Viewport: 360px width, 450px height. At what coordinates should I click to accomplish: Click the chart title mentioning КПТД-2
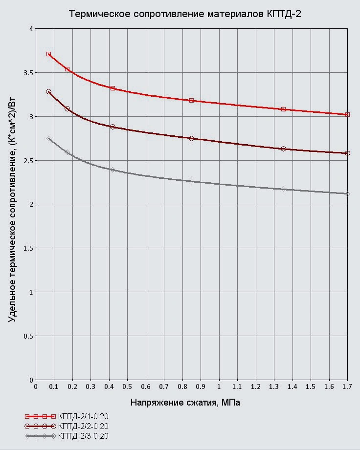pyautogui.click(x=185, y=14)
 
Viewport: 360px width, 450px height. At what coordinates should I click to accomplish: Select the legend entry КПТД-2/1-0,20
pyautogui.click(x=83, y=416)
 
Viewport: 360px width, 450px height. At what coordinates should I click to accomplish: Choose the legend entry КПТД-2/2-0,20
pyautogui.click(x=83, y=426)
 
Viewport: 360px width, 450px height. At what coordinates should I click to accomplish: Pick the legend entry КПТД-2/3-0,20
pyautogui.click(x=83, y=436)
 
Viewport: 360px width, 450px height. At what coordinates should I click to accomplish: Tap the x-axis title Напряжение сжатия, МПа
pyautogui.click(x=185, y=403)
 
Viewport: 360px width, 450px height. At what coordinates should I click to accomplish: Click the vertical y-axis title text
pyautogui.click(x=12, y=210)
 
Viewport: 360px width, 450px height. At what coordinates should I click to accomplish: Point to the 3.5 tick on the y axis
pyautogui.click(x=28, y=73)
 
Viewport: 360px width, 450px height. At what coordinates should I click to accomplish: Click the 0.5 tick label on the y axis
pyautogui.click(x=28, y=336)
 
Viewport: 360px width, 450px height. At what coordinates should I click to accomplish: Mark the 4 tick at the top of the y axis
pyautogui.click(x=31, y=29)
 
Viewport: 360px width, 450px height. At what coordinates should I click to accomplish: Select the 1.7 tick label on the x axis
pyautogui.click(x=347, y=386)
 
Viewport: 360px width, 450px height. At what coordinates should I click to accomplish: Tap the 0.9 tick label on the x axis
pyautogui.click(x=201, y=386)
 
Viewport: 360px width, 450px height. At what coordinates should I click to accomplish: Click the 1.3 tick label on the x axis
pyautogui.click(x=274, y=386)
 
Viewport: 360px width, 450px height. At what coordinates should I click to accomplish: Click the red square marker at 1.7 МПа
pyautogui.click(x=347, y=114)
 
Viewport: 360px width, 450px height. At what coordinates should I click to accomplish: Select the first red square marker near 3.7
pyautogui.click(x=48, y=54)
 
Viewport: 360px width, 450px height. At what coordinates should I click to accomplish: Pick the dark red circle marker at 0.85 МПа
pyautogui.click(x=191, y=138)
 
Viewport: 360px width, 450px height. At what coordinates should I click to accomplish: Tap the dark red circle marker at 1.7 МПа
pyautogui.click(x=347, y=153)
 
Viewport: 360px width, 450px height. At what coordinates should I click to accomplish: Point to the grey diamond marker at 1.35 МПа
pyautogui.click(x=283, y=189)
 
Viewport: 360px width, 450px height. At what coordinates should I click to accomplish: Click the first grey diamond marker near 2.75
pyautogui.click(x=48, y=138)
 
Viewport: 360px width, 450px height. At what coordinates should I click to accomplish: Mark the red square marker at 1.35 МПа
pyautogui.click(x=283, y=109)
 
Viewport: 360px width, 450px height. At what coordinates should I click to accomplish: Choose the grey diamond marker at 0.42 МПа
pyautogui.click(x=112, y=170)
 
